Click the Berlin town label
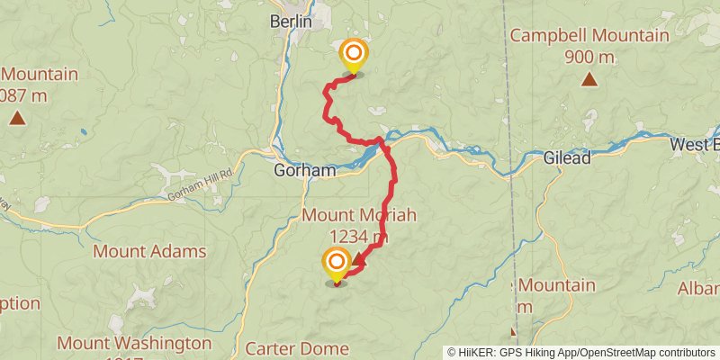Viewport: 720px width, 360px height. [291, 20]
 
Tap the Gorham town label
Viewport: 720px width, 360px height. [305, 169]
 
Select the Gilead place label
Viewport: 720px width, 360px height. [567, 158]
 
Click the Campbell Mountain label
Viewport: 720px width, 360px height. [589, 36]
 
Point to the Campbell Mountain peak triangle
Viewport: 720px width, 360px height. [589, 80]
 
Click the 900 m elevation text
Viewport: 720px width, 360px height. [589, 58]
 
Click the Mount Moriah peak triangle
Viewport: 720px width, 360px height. [359, 260]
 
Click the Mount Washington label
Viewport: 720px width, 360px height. [134, 343]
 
